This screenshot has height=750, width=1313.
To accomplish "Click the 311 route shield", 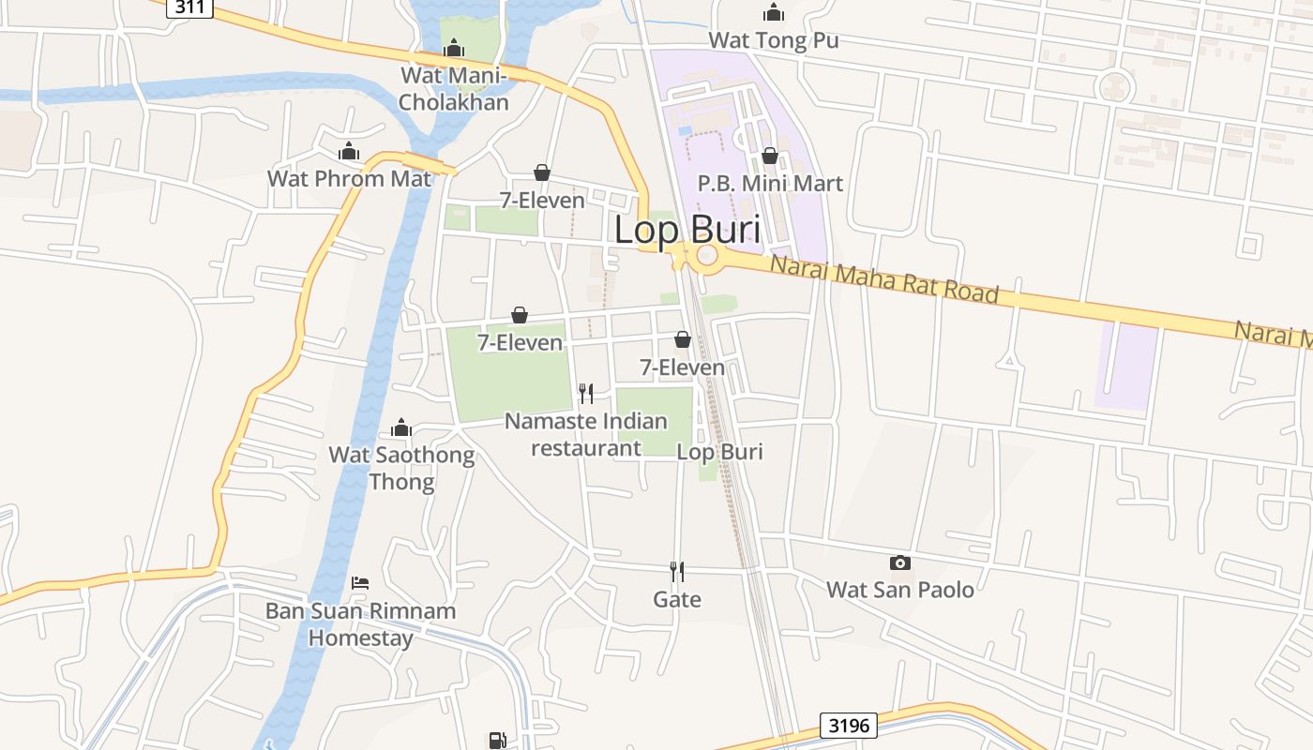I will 190,7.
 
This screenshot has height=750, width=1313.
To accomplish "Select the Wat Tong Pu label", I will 773,40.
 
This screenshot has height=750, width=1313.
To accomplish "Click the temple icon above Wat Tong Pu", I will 774,12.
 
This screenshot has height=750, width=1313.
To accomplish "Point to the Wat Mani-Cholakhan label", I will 454,88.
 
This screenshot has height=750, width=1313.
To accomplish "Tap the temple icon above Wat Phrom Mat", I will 349,151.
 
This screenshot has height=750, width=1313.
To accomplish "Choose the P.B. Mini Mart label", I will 770,183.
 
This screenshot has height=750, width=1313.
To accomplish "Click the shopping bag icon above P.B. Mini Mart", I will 770,156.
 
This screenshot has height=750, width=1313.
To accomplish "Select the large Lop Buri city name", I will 687,230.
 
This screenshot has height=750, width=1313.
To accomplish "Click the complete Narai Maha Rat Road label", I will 884,279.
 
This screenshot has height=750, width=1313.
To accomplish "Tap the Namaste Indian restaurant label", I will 586,434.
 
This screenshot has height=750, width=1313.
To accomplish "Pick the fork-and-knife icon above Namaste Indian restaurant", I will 586,393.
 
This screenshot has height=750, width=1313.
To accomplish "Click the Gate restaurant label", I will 677,599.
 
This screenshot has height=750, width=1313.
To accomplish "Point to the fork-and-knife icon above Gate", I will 677,571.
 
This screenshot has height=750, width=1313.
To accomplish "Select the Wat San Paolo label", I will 899,590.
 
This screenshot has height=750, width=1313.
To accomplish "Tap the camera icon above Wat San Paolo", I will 899,562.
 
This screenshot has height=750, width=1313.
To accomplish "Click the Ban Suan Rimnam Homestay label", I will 361,624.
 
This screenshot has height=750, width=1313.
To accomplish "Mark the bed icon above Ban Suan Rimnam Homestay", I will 360,583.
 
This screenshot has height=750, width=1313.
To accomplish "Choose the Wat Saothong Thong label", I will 401,469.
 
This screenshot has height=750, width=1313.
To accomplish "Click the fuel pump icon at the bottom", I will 497,741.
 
